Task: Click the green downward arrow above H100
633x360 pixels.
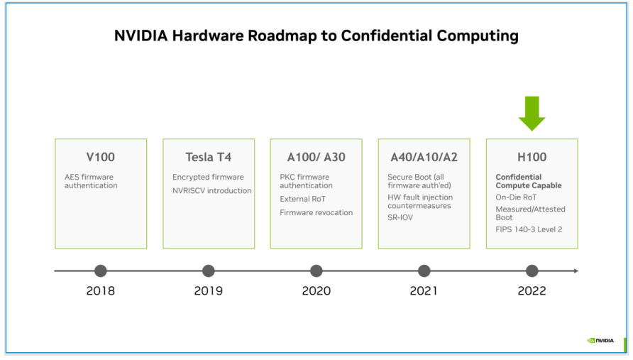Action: (532, 114)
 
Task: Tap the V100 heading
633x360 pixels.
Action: (101, 157)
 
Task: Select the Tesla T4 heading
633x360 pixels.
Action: (209, 157)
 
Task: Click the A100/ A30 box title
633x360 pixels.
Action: (316, 157)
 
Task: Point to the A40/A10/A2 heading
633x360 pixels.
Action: (424, 157)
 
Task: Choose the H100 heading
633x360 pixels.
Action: (532, 157)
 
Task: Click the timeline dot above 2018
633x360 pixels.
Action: (101, 271)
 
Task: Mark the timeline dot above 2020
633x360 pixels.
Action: (316, 271)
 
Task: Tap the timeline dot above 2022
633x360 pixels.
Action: (532, 271)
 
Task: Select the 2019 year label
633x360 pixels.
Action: (209, 290)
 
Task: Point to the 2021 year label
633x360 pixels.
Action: (424, 290)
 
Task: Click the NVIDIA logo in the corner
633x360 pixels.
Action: (600, 341)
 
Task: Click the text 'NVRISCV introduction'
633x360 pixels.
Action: (212, 190)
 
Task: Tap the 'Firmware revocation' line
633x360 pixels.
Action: (316, 212)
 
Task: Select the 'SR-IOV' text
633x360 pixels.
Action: (400, 217)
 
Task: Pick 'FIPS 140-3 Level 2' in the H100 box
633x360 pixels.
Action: (529, 229)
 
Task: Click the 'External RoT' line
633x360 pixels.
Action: (302, 199)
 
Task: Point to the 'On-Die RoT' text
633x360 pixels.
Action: (516, 197)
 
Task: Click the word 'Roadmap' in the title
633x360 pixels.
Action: (282, 36)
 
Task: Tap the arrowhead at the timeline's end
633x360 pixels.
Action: (576, 271)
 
